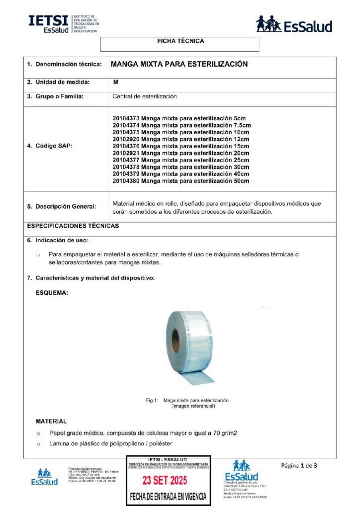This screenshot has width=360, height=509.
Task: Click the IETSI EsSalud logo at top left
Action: tap(63, 23)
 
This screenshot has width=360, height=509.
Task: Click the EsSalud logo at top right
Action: tap(294, 24)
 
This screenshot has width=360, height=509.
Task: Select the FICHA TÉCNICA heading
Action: tap(180, 41)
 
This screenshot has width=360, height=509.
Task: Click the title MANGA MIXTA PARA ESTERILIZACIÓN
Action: tap(179, 64)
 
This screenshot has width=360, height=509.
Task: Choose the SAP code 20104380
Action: tap(126, 181)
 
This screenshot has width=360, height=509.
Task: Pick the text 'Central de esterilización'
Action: tap(145, 96)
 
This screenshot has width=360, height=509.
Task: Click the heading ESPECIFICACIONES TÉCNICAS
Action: tap(73, 226)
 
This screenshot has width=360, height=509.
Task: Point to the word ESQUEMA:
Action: tap(52, 293)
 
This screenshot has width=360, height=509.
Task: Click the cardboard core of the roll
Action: tap(176, 341)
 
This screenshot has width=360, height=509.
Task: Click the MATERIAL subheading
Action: tap(51, 421)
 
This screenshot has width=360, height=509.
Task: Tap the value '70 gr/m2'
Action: tap(224, 433)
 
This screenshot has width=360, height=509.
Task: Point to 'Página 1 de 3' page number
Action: tap(299, 466)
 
